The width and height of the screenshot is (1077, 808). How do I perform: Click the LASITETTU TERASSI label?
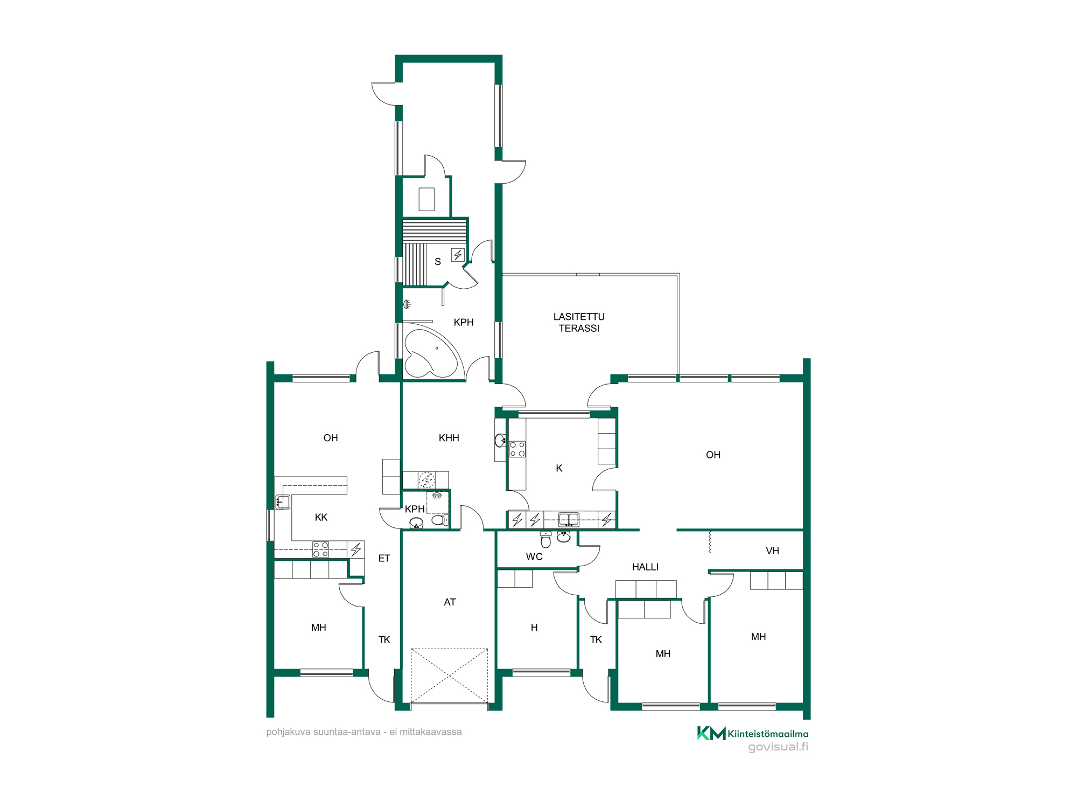coord(579,322)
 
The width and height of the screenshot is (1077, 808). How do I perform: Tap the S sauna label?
coord(438,262)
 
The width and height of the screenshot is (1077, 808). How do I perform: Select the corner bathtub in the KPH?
coord(433,352)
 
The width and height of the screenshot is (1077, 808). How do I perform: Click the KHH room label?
coord(449,438)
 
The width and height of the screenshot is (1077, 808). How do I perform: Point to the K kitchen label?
coord(559,468)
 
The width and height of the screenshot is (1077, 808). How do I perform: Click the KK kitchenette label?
coord(321,517)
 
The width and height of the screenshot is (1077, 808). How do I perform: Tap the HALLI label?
coord(645,567)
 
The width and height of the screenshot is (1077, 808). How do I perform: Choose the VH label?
coord(772,551)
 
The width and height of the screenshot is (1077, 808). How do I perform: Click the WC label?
coord(534,556)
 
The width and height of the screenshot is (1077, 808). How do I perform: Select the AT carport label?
coord(450,602)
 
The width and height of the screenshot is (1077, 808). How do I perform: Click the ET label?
coord(384,558)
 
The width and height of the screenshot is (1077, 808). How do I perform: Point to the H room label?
coord(534,627)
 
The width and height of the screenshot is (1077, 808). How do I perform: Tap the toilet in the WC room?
coord(546,539)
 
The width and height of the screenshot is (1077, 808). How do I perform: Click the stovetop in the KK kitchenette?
coord(321,549)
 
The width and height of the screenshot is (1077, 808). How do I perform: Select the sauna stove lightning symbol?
coord(458,255)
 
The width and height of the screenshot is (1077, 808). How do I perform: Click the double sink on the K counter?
coord(569,519)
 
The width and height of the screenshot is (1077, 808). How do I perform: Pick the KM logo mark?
coord(711,733)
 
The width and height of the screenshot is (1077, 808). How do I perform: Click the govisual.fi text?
coord(778,747)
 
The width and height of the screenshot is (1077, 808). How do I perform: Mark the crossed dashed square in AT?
coord(449,676)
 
